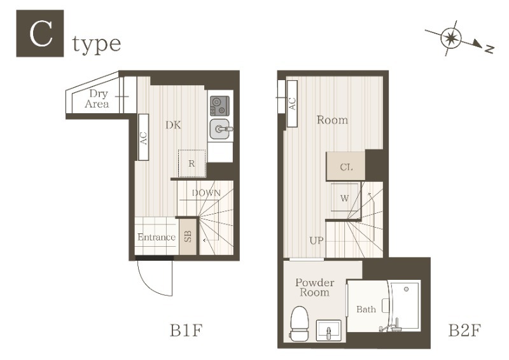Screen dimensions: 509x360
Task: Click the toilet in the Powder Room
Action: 298,324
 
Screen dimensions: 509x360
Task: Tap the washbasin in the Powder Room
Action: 328,331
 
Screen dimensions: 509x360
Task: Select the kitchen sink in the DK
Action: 220,129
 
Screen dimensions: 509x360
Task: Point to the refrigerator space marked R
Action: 192,163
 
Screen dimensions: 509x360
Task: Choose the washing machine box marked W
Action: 345,197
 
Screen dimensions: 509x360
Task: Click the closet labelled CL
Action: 345,166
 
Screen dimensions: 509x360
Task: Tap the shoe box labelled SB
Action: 188,237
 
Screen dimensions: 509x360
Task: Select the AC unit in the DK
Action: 144,137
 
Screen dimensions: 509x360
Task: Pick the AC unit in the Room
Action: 292,104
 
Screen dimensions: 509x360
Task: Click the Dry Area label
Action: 97,99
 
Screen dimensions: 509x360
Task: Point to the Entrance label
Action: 156,237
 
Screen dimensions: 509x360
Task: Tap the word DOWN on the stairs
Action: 206,193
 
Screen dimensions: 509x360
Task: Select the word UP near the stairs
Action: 316,240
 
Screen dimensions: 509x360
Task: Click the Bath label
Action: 366,309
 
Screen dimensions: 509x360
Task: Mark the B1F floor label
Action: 186,331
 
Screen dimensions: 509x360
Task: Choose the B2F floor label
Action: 464,331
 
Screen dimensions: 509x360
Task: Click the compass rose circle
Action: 451,38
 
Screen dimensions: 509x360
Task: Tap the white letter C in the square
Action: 41,34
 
